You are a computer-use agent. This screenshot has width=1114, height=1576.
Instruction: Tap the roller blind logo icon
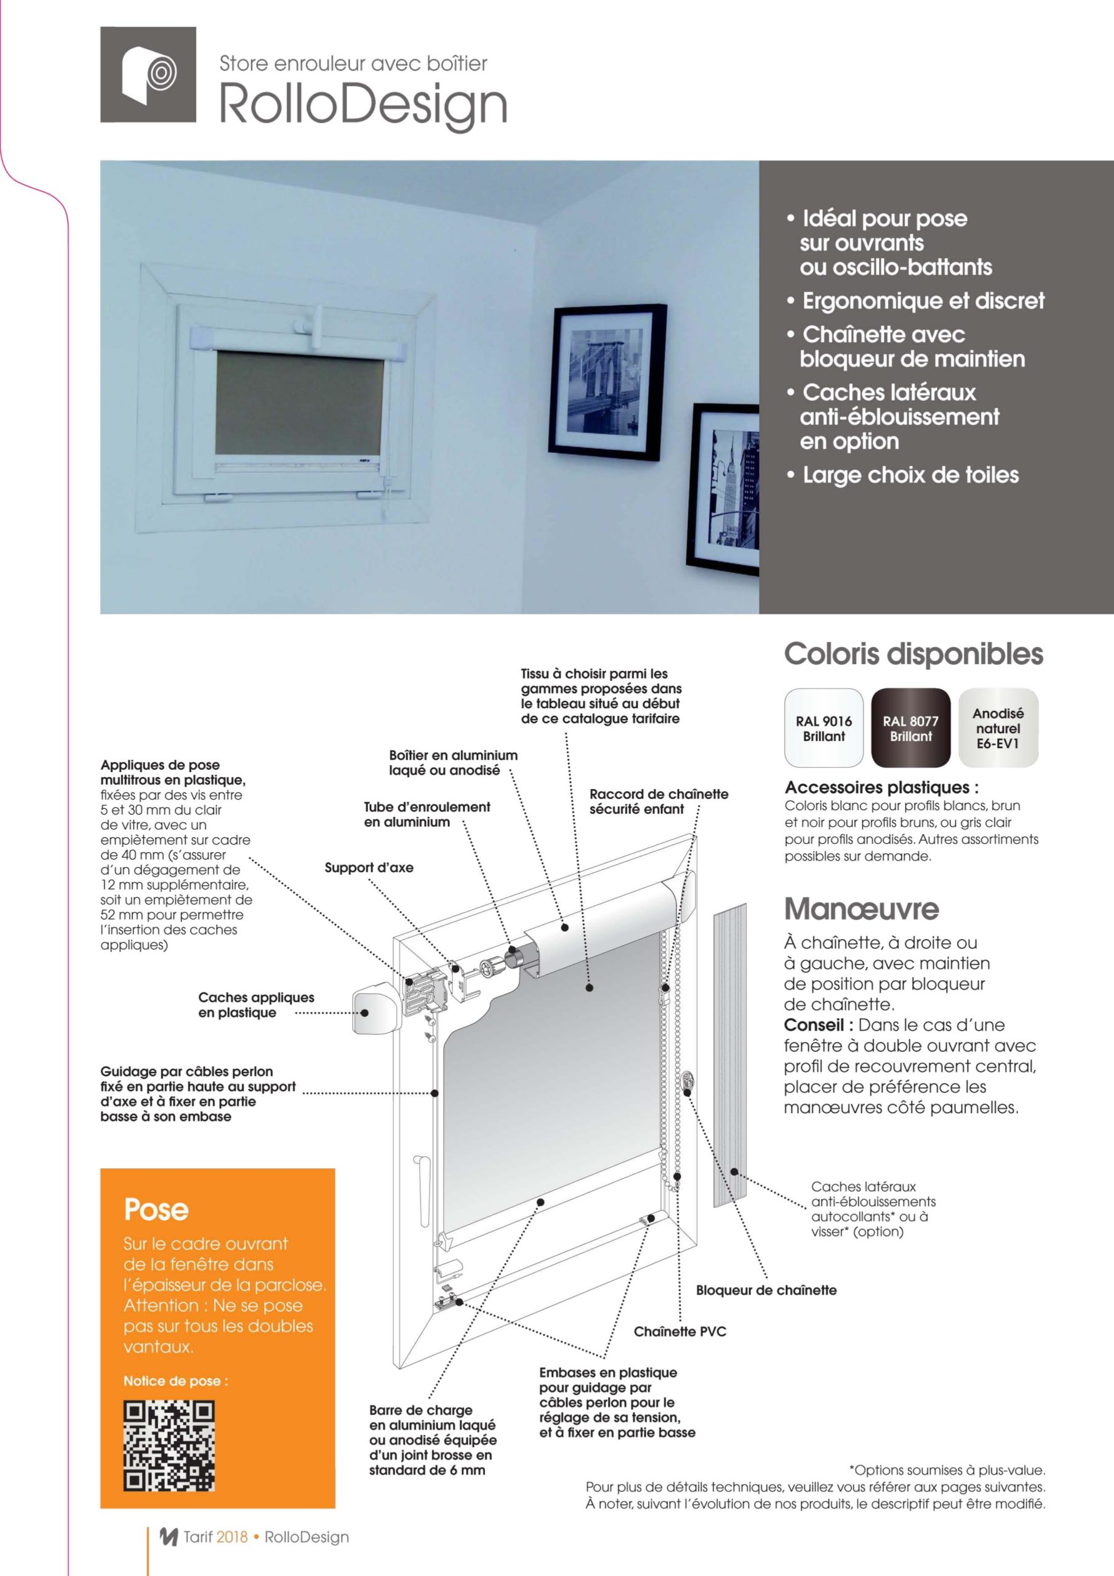148,75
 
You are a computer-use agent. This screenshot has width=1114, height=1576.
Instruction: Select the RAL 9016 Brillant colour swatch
823,728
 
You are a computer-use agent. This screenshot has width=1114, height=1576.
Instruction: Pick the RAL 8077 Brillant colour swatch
910,728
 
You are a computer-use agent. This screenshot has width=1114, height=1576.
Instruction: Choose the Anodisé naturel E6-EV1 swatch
998,728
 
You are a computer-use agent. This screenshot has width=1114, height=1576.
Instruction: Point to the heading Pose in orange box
156,1210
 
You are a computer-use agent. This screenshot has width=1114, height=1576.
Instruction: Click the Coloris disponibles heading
913,654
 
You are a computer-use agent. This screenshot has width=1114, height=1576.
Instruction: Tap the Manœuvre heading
862,909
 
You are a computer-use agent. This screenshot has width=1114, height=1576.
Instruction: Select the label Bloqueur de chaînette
766,1290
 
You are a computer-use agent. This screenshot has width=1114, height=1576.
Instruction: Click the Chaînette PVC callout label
679,1332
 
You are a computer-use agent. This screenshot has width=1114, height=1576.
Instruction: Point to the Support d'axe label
369,867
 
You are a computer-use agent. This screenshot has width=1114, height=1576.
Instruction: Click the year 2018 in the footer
231,1537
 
